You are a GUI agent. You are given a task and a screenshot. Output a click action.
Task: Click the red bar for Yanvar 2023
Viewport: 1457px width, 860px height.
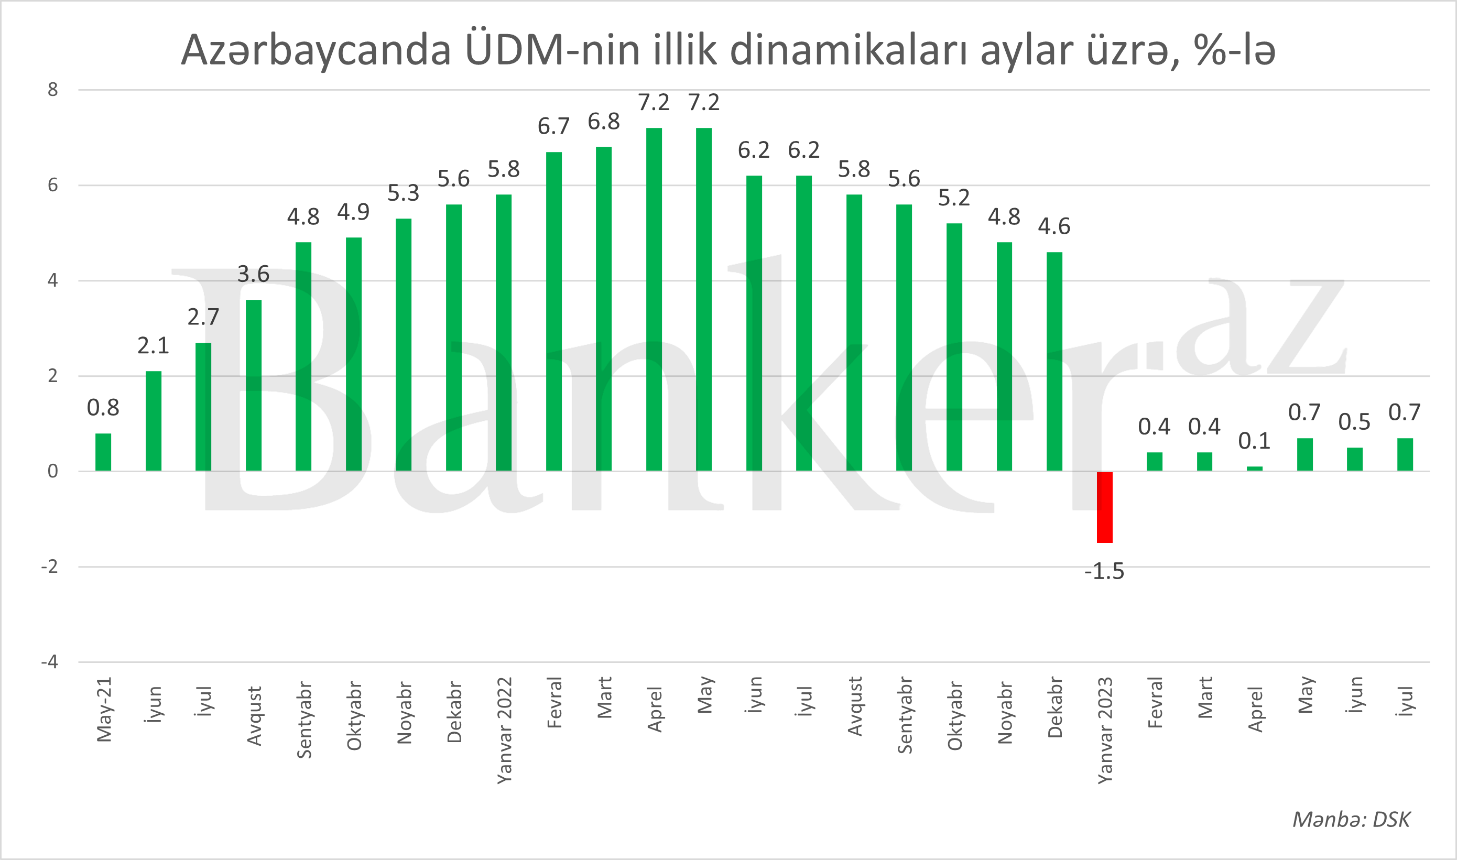(1104, 507)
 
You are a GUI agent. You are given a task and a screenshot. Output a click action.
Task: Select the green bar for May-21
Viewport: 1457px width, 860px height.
(103, 452)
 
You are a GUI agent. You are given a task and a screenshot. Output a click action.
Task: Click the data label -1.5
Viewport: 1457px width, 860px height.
(1104, 571)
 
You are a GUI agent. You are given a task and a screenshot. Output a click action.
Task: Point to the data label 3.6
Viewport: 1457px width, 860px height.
(253, 274)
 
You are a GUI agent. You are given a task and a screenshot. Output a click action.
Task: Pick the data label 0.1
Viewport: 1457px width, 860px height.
(1254, 441)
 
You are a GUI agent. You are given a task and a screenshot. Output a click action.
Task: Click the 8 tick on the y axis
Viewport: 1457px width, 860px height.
(53, 90)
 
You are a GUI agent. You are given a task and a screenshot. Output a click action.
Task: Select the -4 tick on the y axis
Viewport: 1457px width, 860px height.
(50, 662)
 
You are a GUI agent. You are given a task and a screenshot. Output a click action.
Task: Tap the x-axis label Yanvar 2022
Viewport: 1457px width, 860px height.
(504, 730)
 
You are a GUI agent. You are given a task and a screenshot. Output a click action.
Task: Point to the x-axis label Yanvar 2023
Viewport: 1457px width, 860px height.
(1105, 730)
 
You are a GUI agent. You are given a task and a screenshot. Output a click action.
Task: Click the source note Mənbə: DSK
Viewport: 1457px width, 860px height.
(1351, 820)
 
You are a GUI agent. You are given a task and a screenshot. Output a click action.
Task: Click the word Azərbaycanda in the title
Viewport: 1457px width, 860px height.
(316, 51)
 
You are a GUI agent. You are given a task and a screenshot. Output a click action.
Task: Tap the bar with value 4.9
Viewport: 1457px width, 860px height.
(354, 354)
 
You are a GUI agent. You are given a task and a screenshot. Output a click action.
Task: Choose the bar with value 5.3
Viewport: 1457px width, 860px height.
(404, 345)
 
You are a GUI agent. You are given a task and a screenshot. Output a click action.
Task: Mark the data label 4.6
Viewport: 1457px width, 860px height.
(1053, 226)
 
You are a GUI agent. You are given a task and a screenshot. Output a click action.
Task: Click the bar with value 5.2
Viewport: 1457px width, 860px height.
(954, 347)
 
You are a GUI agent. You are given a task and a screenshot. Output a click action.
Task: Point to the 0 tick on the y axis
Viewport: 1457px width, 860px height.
(53, 471)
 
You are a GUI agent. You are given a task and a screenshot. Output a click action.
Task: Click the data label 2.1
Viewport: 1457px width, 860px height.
(153, 346)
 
